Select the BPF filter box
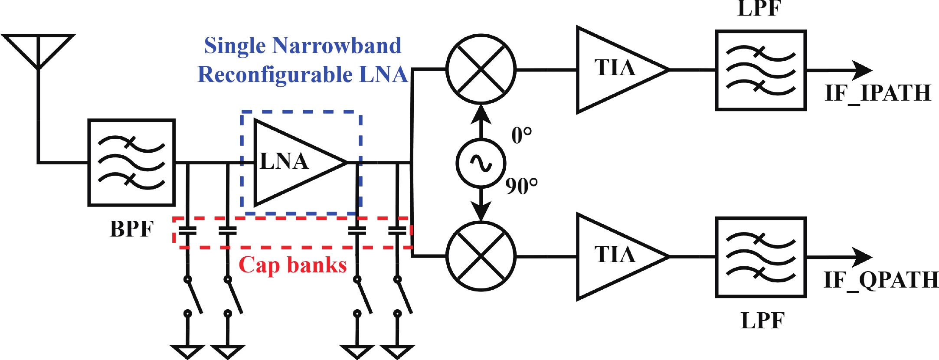pos(131,162)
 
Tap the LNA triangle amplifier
pos(295,162)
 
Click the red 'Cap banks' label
pos(293,265)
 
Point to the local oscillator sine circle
pos(481,163)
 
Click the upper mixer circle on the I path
pos(481,69)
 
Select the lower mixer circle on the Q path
pos(481,256)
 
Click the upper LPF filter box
pos(760,70)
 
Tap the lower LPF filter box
pos(760,257)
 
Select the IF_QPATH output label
pos(880,280)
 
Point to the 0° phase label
pos(521,135)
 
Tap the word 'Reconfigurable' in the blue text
pos(275,75)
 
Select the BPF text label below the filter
pos(132,229)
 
